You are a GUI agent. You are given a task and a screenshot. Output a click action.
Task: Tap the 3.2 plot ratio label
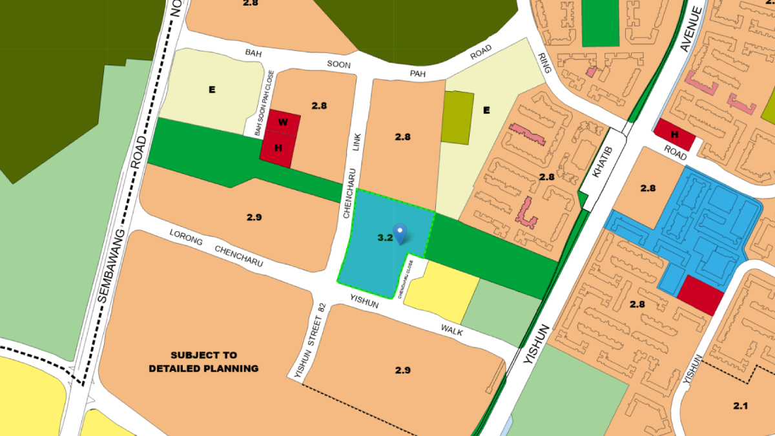click(x=385, y=238)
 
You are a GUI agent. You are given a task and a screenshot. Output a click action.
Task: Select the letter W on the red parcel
click(x=283, y=122)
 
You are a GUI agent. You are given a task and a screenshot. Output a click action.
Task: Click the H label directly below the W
click(x=278, y=148)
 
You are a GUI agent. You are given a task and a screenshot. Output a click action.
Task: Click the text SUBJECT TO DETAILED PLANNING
click(x=203, y=362)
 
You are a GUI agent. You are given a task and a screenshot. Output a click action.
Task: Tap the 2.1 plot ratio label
click(x=740, y=406)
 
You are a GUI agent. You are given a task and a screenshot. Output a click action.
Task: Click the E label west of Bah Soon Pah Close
click(x=211, y=90)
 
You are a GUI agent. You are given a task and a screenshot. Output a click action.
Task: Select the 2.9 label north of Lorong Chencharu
click(x=254, y=217)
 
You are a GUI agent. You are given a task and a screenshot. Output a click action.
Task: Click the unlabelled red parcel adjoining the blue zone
click(x=701, y=295)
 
